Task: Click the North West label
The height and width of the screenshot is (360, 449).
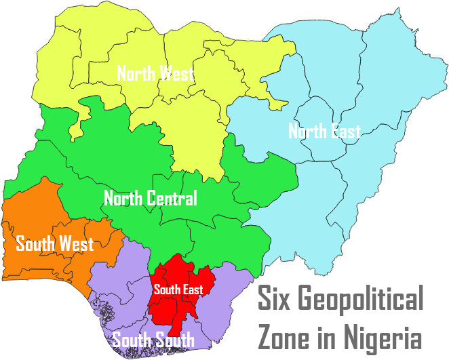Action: (x=155, y=73)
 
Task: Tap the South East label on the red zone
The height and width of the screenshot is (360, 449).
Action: (x=178, y=289)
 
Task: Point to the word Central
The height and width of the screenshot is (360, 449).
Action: (x=171, y=199)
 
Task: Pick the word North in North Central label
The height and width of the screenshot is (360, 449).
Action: (x=123, y=199)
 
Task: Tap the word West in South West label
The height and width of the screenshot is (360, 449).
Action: (x=76, y=243)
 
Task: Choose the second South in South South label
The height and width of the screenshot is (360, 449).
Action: (x=175, y=340)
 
